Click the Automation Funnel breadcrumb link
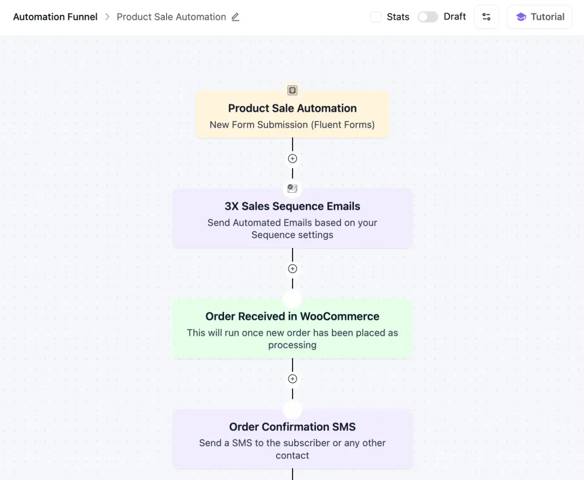point(55,17)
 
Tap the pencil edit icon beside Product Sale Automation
point(236,17)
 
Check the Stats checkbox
point(376,17)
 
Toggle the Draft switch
point(428,17)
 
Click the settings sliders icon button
point(486,17)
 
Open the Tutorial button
point(539,17)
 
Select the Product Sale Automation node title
point(292,108)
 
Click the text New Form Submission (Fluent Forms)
point(292,125)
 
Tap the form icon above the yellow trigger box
point(292,90)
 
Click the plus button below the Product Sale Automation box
point(293,158)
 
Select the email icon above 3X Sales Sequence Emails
point(293,188)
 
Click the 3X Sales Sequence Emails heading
point(292,206)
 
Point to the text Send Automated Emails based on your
point(292,223)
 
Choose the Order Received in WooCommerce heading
point(292,316)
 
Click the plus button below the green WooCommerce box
point(293,379)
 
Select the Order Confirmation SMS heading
point(292,427)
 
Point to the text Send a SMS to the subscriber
point(292,443)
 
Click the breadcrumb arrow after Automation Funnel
point(107,17)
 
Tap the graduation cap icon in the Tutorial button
point(521,17)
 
